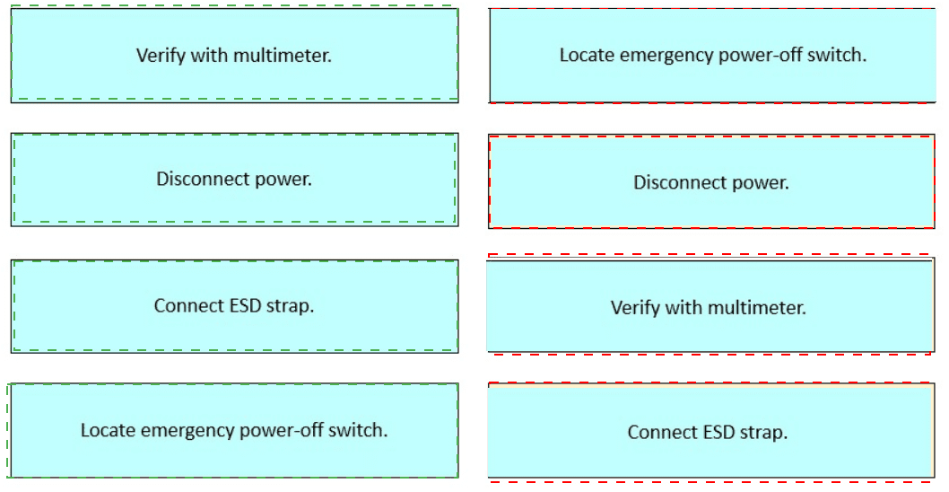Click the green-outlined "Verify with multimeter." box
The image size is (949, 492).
tap(235, 55)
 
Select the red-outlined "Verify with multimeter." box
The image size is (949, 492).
tap(710, 306)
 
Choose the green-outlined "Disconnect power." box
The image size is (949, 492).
tap(235, 180)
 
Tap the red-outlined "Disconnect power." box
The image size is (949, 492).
tap(712, 181)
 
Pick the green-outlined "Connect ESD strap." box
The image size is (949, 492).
tap(235, 306)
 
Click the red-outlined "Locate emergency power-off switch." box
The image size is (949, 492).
tap(713, 55)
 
